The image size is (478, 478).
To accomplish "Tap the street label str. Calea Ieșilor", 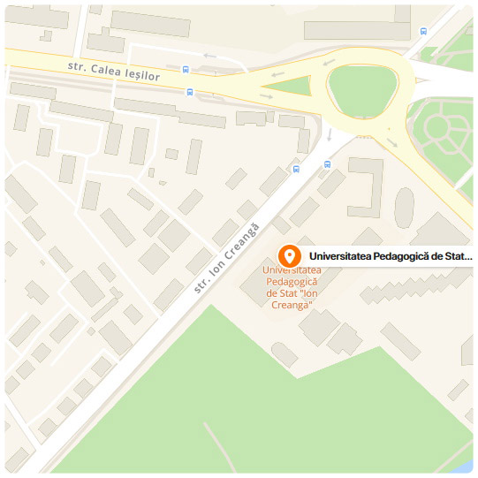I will [x=114, y=72].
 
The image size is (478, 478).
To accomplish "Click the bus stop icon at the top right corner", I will [x=424, y=31].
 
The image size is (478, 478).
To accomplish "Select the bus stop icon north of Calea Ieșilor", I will [x=186, y=69].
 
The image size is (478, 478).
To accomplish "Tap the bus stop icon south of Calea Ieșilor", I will [x=189, y=91].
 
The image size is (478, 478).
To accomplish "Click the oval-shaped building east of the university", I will [x=404, y=207].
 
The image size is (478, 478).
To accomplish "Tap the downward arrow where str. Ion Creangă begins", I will [x=329, y=135].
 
